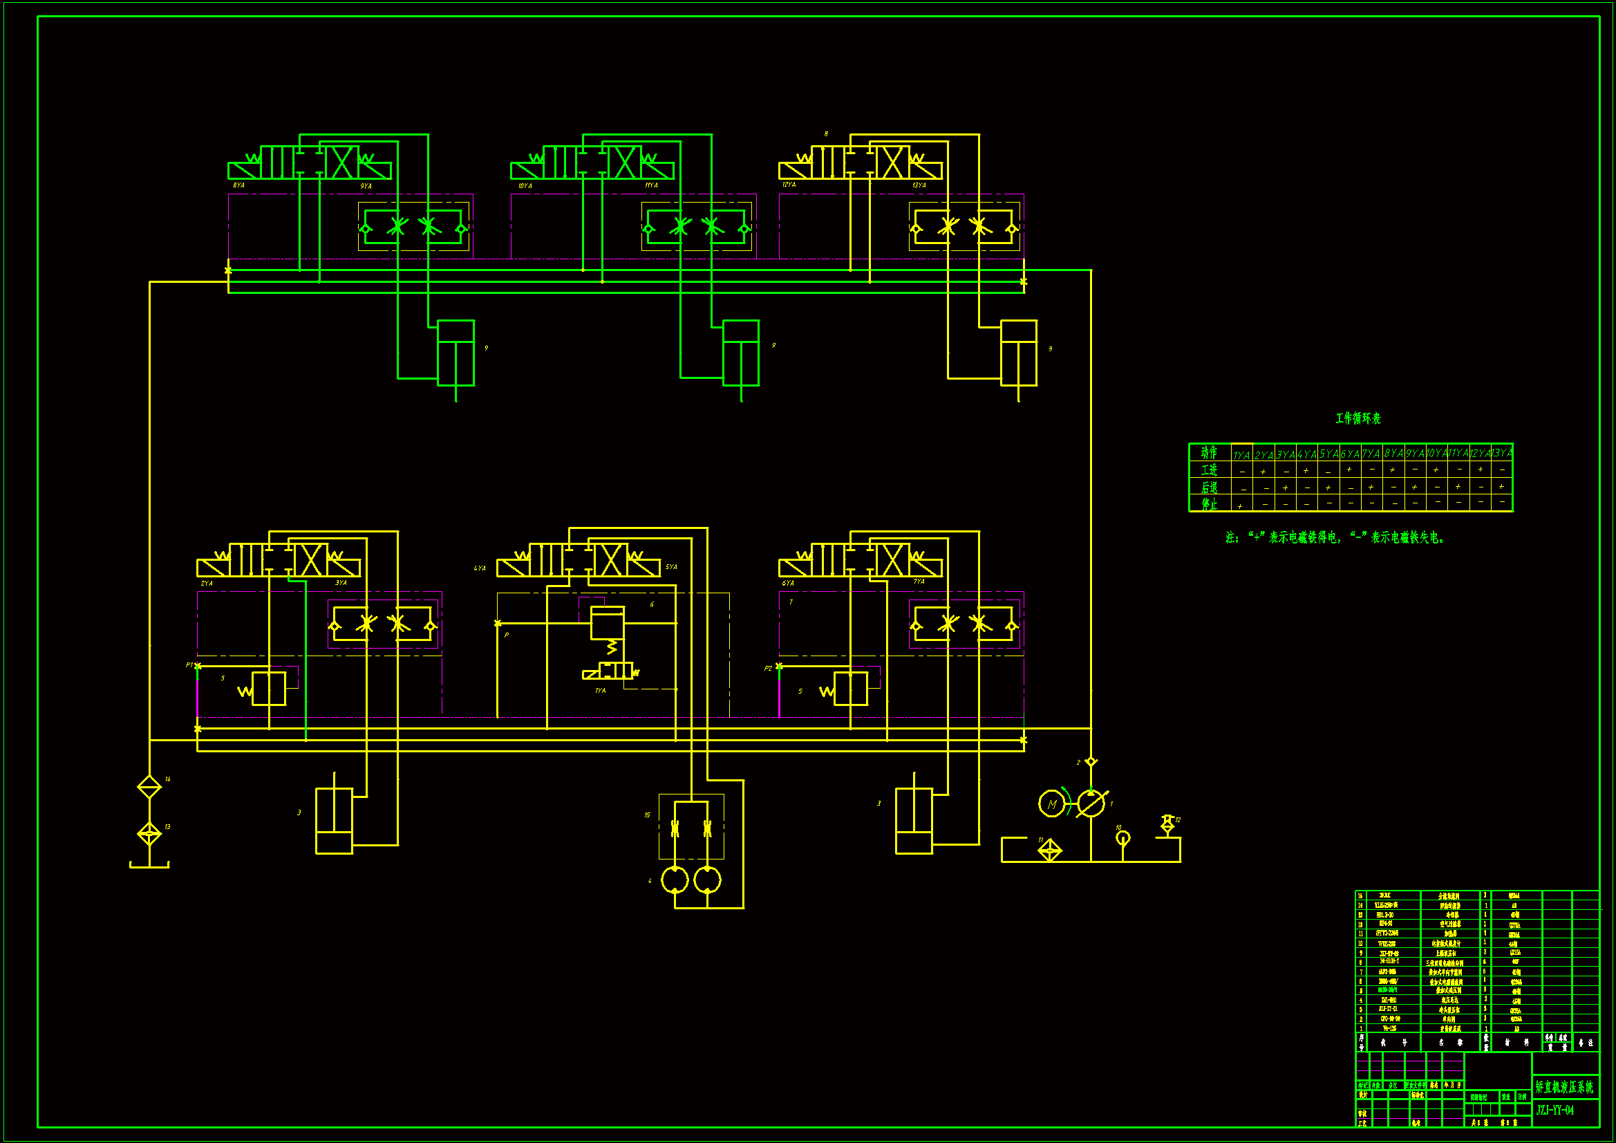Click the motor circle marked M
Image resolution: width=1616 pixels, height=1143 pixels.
(x=1051, y=803)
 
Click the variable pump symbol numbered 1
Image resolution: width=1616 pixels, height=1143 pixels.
(x=1091, y=803)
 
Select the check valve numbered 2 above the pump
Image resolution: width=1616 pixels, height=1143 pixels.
(x=1091, y=762)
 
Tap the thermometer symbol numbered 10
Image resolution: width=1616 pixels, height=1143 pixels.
(x=1122, y=838)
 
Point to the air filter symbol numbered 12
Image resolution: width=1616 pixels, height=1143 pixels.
(x=1167, y=824)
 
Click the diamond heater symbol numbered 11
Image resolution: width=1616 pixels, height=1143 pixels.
(x=1049, y=851)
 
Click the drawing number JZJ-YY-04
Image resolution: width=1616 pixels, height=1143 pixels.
(x=1555, y=1111)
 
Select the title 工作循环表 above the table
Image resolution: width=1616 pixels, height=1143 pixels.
(x=1357, y=418)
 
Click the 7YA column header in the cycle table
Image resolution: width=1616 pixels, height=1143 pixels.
(x=1371, y=454)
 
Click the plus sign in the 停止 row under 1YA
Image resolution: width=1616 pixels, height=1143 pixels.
(x=1240, y=506)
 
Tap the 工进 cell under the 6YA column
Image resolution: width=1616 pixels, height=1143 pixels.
(x=1349, y=470)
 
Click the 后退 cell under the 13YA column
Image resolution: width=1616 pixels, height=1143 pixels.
(x=1501, y=487)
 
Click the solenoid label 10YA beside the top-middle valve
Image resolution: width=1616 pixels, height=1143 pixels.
(x=525, y=186)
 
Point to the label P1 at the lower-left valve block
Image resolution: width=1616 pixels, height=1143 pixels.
(x=189, y=665)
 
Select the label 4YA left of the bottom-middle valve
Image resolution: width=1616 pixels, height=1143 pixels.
(x=479, y=568)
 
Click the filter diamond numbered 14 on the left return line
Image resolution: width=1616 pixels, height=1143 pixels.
(x=149, y=787)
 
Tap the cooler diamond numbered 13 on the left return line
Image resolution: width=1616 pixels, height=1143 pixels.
(x=149, y=835)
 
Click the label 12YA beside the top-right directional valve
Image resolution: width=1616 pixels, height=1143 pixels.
(x=789, y=185)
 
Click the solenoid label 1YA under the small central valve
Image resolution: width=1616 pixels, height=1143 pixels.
(x=600, y=691)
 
